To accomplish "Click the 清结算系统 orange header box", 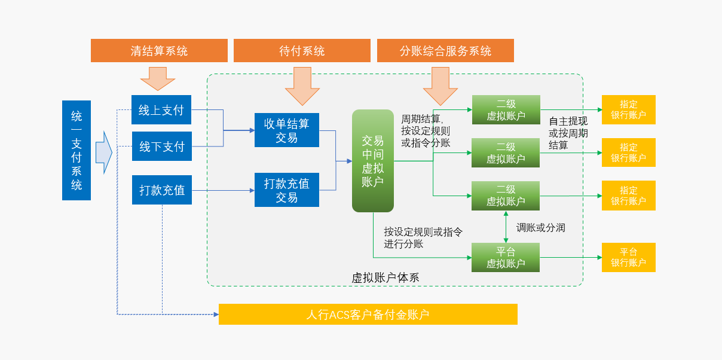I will pyautogui.click(x=159, y=51).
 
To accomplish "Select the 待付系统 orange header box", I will pyautogui.click(x=302, y=51).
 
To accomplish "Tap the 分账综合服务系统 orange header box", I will pyautogui.click(x=445, y=51).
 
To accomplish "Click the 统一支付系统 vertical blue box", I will pyautogui.click(x=77, y=150).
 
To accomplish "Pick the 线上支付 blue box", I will pyautogui.click(x=161, y=110).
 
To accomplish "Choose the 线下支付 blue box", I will pyautogui.click(x=161, y=147).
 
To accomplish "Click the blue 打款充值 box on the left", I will pyautogui.click(x=161, y=190).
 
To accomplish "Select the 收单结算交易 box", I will pyautogui.click(x=287, y=130).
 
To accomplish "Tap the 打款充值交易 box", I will pyautogui.click(x=287, y=190).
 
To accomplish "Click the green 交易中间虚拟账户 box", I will pyautogui.click(x=373, y=161).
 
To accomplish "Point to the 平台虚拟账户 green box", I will pyautogui.click(x=506, y=258).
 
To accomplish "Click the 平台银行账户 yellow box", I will pyautogui.click(x=628, y=258).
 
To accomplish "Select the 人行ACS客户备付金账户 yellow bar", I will pyautogui.click(x=368, y=315).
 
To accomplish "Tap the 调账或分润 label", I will pyautogui.click(x=541, y=228).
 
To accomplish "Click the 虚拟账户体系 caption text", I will pyautogui.click(x=385, y=277).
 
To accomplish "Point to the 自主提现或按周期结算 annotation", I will pyautogui.click(x=568, y=133).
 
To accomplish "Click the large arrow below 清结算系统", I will pyautogui.click(x=158, y=78).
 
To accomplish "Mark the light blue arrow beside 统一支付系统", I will pyautogui.click(x=104, y=152).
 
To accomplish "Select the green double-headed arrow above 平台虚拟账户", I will pyautogui.click(x=506, y=227).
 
